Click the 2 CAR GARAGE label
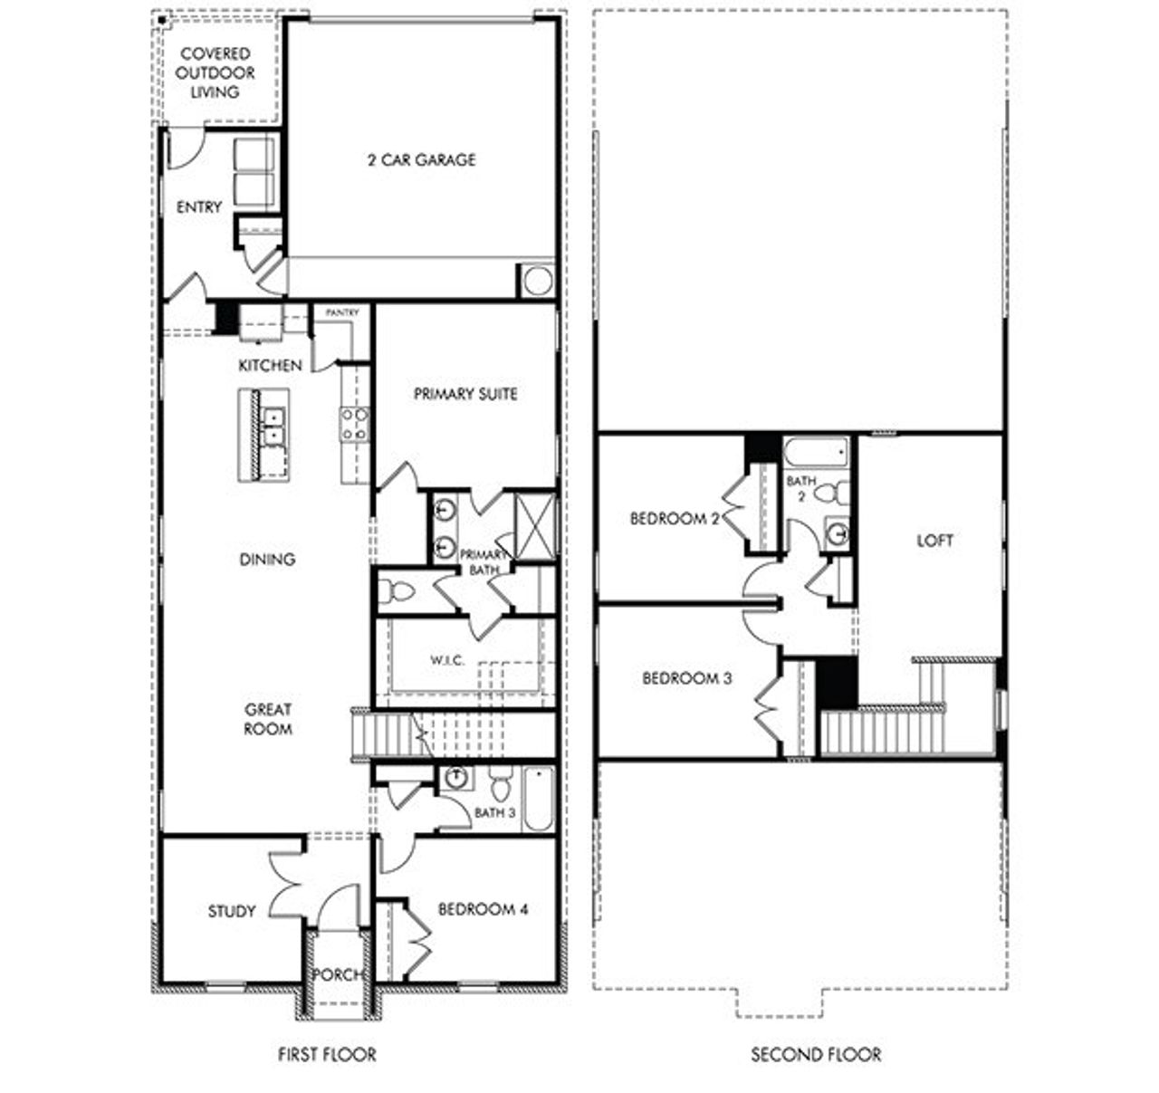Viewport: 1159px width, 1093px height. [x=421, y=160]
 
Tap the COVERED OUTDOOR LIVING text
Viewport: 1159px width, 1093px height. [x=215, y=73]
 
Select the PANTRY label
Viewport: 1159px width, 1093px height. [x=342, y=312]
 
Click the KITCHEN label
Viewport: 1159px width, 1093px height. [x=270, y=366]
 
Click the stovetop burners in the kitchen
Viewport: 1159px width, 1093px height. [x=354, y=425]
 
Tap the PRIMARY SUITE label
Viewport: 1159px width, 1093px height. [x=465, y=394]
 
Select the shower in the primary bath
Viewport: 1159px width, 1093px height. [x=534, y=524]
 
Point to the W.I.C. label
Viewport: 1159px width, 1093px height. [x=447, y=660]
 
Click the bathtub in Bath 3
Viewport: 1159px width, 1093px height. [x=537, y=800]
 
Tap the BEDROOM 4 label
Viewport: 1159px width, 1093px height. [x=483, y=909]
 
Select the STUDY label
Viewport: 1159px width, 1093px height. [x=232, y=911]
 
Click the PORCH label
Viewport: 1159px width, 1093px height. [x=337, y=974]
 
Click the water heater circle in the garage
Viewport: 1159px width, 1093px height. [x=537, y=281]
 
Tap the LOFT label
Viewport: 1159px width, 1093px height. [x=934, y=541]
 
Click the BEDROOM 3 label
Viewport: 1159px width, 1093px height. [x=686, y=678]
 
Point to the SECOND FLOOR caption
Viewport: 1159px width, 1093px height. [x=816, y=1054]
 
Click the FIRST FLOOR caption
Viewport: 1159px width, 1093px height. [x=327, y=1054]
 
